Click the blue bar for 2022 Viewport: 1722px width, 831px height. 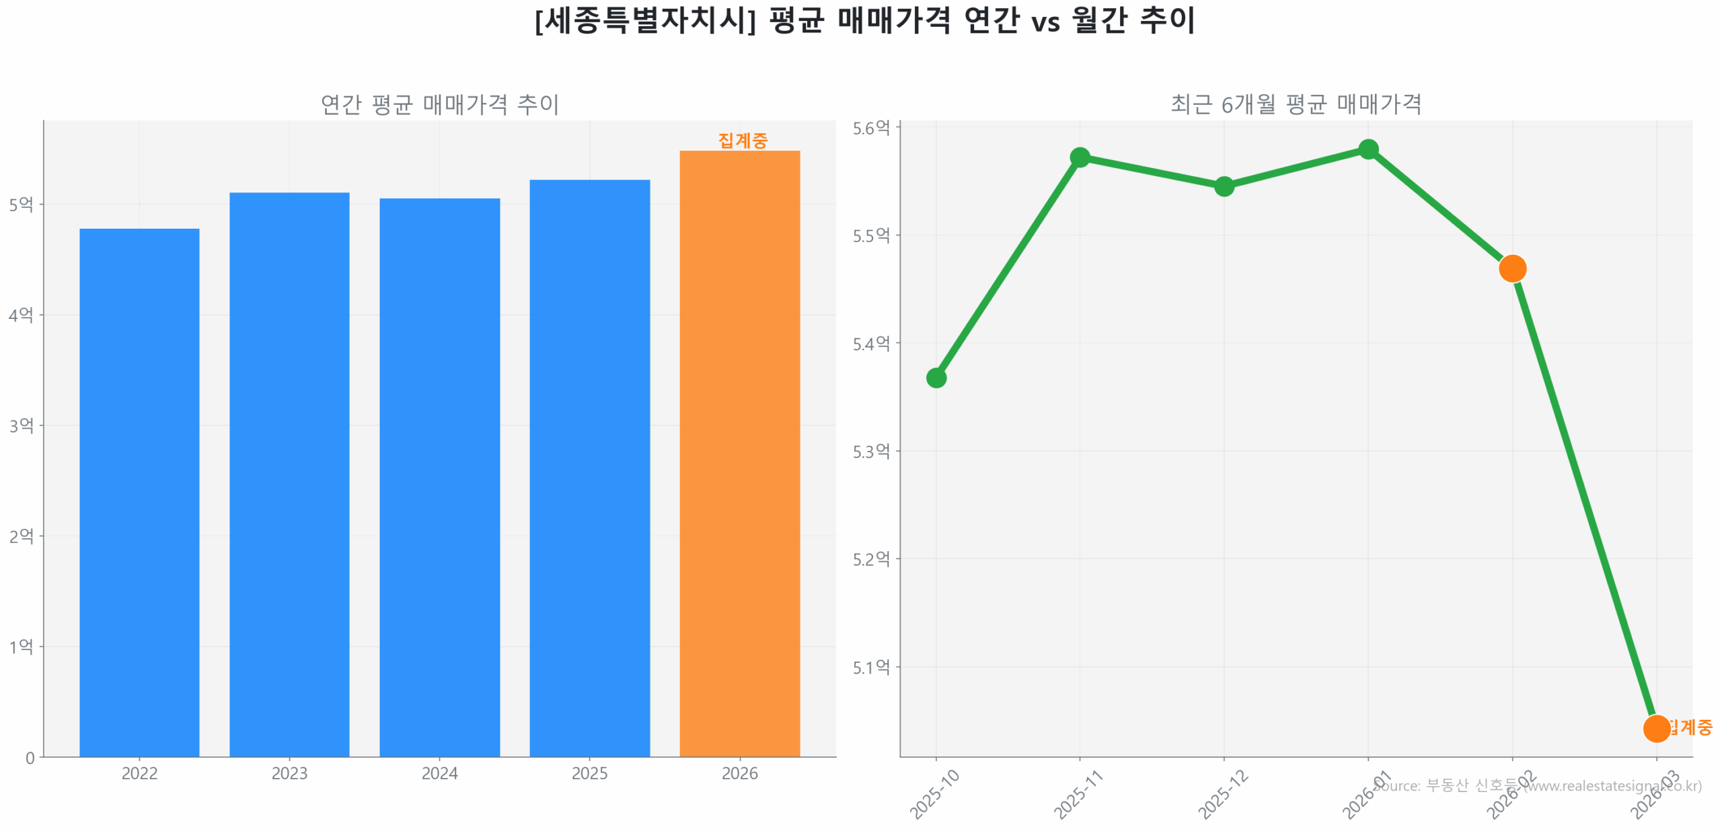[139, 491]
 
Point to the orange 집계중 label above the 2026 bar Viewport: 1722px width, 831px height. [742, 140]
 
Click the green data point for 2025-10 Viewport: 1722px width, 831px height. [936, 377]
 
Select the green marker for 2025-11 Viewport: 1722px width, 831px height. [1079, 157]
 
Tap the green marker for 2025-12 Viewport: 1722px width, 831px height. [1224, 186]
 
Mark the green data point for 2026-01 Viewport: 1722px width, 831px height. [1368, 149]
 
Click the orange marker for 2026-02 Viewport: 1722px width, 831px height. [1511, 268]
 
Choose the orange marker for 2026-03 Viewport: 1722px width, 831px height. [1655, 728]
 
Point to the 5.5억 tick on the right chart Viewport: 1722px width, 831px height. [870, 236]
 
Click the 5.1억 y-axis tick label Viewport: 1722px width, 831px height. [870, 667]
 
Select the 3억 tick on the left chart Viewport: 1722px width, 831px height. [21, 425]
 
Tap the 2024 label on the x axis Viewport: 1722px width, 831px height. [439, 773]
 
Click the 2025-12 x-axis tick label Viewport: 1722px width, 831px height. [1222, 794]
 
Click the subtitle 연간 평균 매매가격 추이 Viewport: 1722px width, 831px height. [439, 104]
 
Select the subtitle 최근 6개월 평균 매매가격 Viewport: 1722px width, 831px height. [1296, 104]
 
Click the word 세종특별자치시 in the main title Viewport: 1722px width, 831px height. [644, 20]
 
